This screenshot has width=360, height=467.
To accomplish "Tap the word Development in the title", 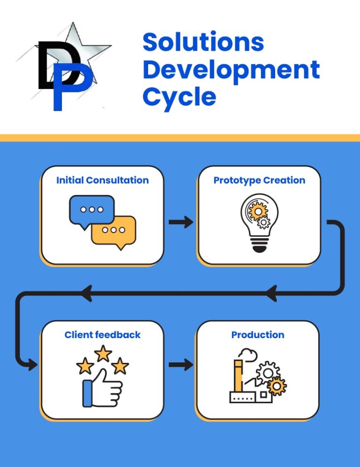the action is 232,70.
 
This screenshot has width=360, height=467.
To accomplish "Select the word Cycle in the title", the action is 179,98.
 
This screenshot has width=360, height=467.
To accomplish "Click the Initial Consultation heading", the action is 103,180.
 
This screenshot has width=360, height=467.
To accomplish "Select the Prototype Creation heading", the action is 259,181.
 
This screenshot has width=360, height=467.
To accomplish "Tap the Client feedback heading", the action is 103,335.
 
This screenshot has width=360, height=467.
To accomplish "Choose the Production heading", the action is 258,335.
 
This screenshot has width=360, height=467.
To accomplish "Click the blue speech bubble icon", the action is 91,210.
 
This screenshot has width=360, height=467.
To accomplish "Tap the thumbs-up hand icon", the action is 102,389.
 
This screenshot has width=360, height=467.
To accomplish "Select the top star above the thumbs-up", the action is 103,353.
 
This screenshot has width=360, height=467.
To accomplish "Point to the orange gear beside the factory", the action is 277,386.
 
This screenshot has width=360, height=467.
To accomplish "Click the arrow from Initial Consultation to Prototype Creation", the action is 181,222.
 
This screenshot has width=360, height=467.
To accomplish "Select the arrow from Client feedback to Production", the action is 181,365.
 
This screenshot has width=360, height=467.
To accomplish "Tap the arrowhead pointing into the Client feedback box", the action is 32,364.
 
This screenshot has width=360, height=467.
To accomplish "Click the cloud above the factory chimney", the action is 248,354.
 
